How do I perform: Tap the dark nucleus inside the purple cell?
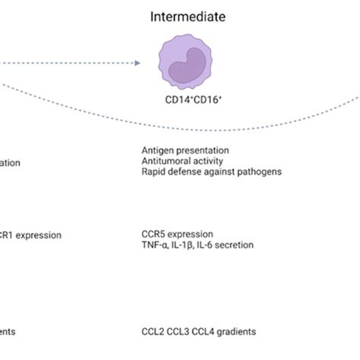pyautogui.click(x=185, y=68)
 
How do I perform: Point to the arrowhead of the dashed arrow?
pyautogui.click(x=137, y=64)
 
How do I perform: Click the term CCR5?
pyautogui.click(x=154, y=234)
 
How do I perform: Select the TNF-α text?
pyautogui.click(x=156, y=245)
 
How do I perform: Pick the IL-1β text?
pyautogui.click(x=185, y=245)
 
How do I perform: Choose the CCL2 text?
pyautogui.click(x=153, y=331)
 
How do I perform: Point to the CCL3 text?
pyautogui.click(x=179, y=331)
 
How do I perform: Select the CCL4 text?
pyautogui.click(x=205, y=331)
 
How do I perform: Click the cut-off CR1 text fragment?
pyautogui.click(x=8, y=235)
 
